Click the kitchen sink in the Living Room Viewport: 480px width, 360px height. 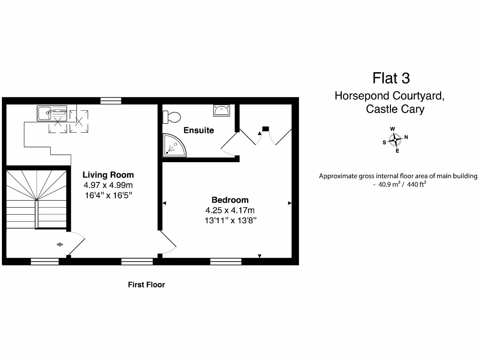point(45,113)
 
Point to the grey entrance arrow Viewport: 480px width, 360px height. point(60,244)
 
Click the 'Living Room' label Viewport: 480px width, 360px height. point(108,175)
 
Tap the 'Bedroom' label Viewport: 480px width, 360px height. point(230,200)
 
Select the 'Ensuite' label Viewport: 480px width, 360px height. point(199,130)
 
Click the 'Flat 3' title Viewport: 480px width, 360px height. point(391,77)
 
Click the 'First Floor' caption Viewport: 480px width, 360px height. point(146,285)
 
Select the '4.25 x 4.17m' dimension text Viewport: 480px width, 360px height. point(230,210)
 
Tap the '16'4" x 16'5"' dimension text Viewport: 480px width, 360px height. point(108,195)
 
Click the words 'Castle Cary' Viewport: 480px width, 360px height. point(395,109)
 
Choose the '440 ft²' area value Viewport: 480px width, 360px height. point(416,185)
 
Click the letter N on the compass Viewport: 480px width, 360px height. point(406,137)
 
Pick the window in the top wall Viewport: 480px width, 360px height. point(111,100)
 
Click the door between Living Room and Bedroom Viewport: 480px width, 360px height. point(168,243)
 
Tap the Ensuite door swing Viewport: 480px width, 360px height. point(229,143)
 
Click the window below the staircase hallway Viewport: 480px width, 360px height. point(45,262)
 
